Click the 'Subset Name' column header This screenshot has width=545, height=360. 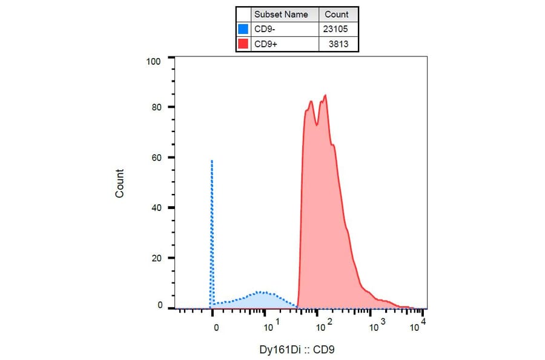click(x=281, y=15)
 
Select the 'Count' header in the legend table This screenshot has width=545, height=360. click(x=337, y=15)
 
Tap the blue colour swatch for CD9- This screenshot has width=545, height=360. click(x=243, y=28)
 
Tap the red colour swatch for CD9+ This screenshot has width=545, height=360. click(x=243, y=44)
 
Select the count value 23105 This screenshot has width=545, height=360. click(x=337, y=28)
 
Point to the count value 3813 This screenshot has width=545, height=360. click(x=339, y=44)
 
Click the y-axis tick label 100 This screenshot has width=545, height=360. click(x=153, y=61)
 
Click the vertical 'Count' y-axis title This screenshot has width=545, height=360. click(x=120, y=183)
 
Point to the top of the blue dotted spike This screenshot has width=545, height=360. click(x=212, y=161)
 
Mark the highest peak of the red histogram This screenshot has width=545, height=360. click(x=325, y=95)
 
